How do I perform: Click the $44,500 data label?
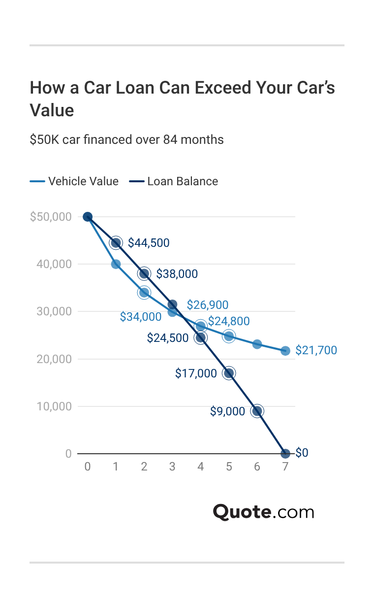149,243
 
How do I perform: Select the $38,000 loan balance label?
177,274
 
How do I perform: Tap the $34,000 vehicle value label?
141,317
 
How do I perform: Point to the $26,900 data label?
208,305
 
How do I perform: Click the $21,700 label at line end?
316,351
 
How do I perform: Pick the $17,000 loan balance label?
196,373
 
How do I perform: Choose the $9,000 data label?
227,411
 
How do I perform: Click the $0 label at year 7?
302,453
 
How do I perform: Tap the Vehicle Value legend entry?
74,181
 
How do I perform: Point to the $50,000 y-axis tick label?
51,217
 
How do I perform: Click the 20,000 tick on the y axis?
54,359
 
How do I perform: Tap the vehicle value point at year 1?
116,264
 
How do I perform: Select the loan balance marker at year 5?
229,373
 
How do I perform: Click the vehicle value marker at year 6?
257,344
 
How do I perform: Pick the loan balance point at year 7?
285,454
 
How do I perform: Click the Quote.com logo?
263,512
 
